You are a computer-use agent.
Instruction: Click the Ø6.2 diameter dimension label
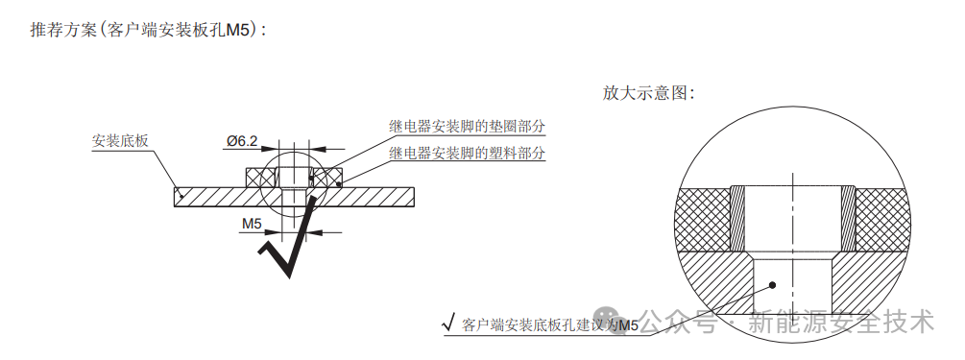pos(241,141)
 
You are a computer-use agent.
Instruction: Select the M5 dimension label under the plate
pos(252,224)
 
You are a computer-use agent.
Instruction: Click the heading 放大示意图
pos(647,93)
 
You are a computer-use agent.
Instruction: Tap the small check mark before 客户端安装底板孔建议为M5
pos(447,324)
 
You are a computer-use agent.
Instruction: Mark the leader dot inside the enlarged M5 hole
pos(774,284)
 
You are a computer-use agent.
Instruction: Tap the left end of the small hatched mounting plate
pos(182,196)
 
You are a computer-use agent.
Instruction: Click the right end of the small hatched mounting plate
pos(408,196)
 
